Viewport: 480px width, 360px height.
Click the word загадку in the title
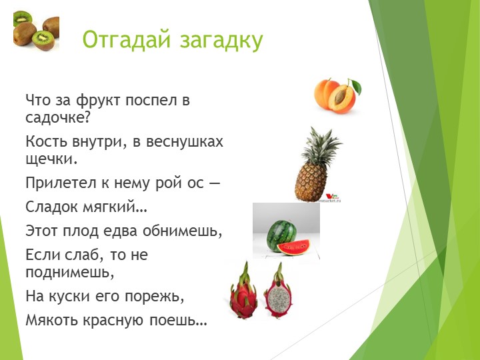[x=222, y=39]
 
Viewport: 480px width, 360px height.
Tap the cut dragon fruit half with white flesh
[x=277, y=293]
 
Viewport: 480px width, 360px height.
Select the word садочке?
[x=57, y=119]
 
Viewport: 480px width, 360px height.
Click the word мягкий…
[x=117, y=207]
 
